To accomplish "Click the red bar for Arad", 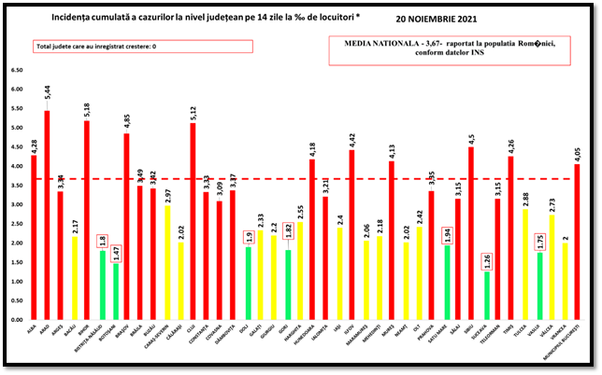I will [47, 215].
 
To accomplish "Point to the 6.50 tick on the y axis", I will [18, 70].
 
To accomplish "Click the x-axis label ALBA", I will [35, 329].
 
